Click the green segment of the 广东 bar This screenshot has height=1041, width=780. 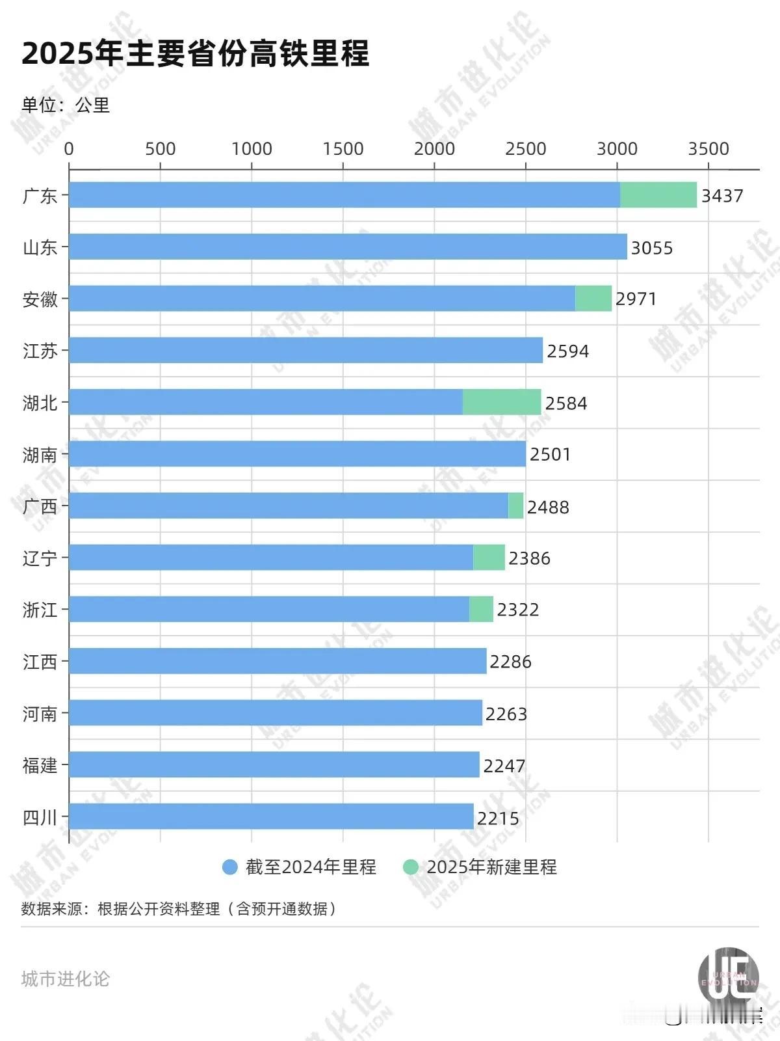coord(658,195)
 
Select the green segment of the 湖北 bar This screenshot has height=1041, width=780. coord(501,402)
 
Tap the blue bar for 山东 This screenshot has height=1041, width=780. coord(348,247)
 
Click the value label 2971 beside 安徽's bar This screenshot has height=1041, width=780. coord(636,299)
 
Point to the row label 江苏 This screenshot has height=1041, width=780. coord(40,351)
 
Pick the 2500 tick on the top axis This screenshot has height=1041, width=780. coord(525,149)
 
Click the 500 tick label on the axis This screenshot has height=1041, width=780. coord(160,149)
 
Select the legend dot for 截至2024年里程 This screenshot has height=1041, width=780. coord(229,867)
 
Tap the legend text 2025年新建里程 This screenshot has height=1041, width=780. coord(491,867)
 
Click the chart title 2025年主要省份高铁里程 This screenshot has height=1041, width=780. coord(196,53)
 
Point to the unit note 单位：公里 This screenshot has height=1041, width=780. coord(65,105)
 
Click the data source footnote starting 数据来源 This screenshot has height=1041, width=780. coord(179,908)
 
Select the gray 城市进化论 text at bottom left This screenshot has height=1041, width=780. coord(65,979)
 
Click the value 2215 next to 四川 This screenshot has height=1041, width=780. coord(498,818)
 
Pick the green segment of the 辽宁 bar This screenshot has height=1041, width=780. coord(489,558)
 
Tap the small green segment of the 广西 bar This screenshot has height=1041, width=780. coord(515,506)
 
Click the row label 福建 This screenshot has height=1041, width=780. coord(40,765)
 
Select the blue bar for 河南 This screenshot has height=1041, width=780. coord(276,712)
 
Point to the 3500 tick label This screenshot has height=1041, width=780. coord(708,149)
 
